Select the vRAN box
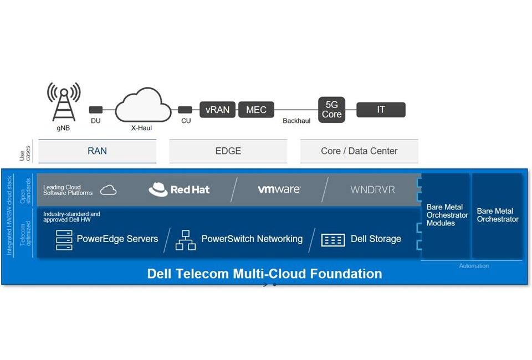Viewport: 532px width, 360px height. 217,110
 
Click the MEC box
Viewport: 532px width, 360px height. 256,110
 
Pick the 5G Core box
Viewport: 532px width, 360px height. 332,109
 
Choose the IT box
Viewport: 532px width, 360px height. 381,110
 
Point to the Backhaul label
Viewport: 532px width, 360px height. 296,121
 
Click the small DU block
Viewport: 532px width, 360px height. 96,110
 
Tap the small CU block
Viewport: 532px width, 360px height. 186,110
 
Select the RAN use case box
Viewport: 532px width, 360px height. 97,151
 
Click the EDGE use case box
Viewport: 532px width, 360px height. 228,151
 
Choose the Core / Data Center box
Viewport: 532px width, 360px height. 359,151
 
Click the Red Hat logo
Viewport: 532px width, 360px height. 179,190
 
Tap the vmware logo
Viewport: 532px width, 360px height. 279,189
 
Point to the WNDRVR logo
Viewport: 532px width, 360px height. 372,189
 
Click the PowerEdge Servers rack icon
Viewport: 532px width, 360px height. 64,240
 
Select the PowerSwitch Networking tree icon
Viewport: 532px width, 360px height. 185,240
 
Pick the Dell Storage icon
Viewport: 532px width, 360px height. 333,240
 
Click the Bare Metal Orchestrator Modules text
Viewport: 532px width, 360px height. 447,215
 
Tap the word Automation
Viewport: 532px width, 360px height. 474,266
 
